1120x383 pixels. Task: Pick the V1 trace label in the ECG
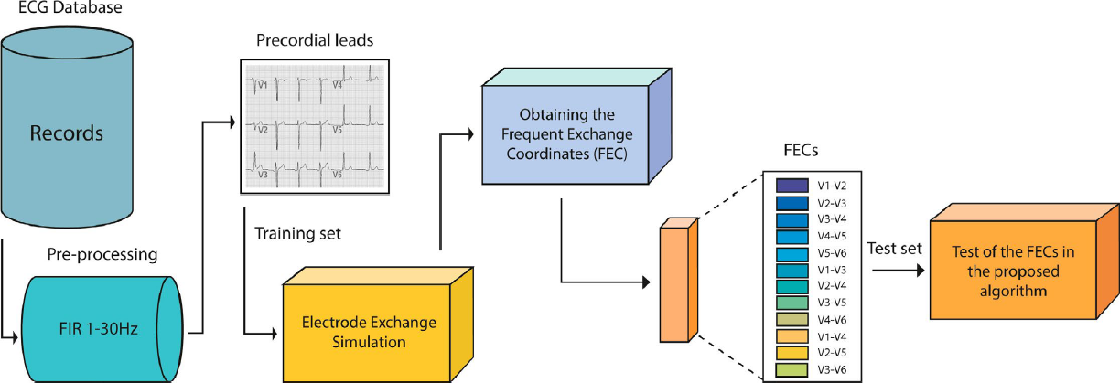point(262,85)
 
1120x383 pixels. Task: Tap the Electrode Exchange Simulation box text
point(369,332)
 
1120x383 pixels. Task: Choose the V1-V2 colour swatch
point(783,185)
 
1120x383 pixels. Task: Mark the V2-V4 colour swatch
point(783,286)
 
